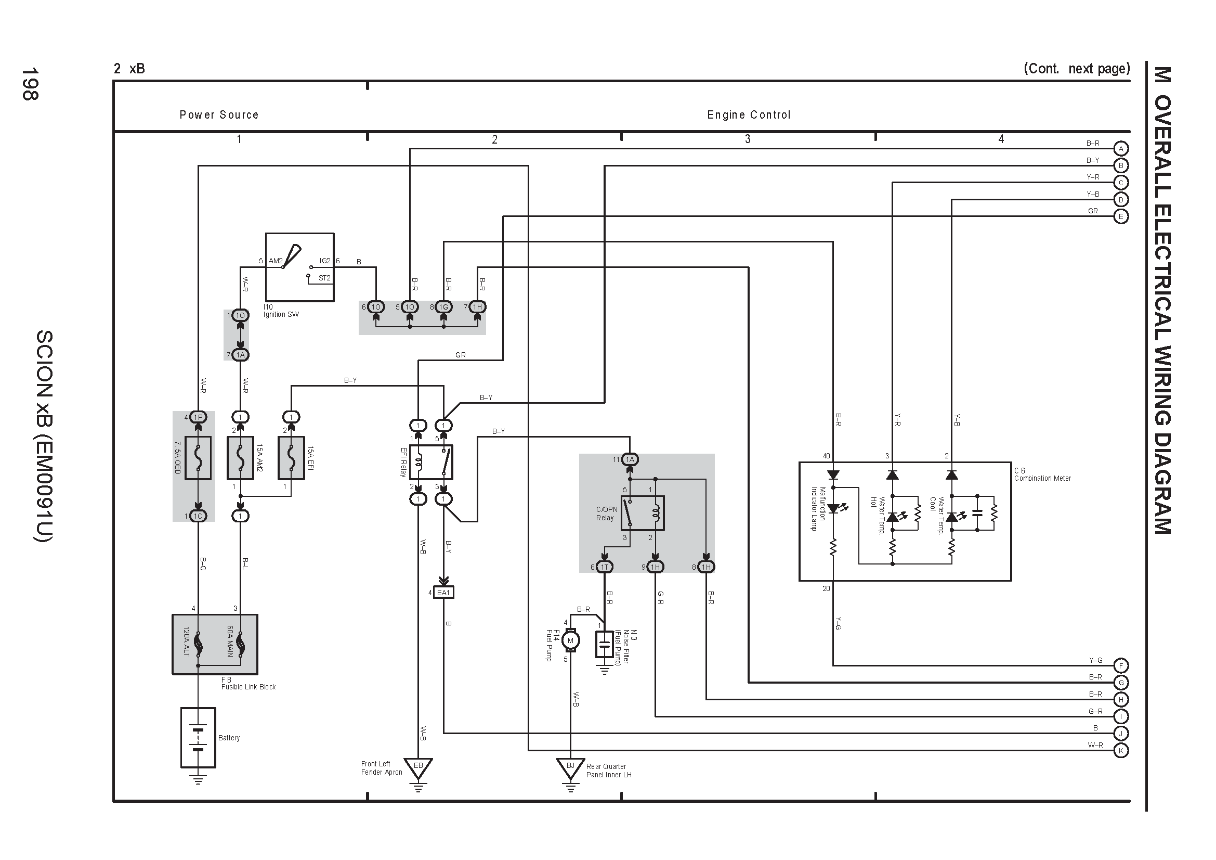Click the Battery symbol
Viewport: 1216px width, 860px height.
click(x=198, y=737)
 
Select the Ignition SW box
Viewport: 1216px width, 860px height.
click(x=300, y=267)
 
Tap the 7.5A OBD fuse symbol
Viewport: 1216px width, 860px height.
click(x=198, y=458)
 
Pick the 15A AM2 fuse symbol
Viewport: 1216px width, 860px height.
click(x=241, y=458)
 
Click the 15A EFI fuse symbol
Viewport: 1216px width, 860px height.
click(x=291, y=458)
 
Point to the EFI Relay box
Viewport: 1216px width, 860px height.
click(x=431, y=462)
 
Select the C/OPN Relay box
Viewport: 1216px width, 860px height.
click(x=643, y=513)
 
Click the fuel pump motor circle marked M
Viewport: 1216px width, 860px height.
click(x=570, y=640)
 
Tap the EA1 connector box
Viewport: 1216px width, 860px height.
click(x=443, y=593)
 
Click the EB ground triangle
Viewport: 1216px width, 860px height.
click(x=419, y=768)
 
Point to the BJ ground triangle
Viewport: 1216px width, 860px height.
click(x=570, y=768)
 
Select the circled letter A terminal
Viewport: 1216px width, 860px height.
click(x=1121, y=148)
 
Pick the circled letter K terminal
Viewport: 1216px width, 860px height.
click(x=1121, y=750)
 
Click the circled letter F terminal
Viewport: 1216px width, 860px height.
click(x=1121, y=665)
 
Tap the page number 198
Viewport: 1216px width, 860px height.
click(x=30, y=84)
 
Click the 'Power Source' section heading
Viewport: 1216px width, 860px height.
click(x=219, y=114)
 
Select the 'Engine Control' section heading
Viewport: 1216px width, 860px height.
click(x=749, y=114)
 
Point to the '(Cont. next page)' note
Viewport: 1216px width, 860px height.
click(x=1077, y=68)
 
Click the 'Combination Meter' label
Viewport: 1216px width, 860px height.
click(x=1042, y=478)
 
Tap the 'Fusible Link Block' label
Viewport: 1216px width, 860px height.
click(x=249, y=687)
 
